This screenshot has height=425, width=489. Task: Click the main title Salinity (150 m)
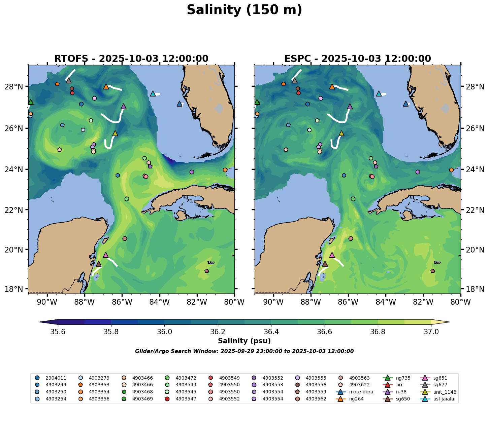244,10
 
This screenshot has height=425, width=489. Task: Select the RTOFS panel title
131,59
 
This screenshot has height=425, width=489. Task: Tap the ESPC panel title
357,59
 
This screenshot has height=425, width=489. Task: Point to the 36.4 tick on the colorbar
271,332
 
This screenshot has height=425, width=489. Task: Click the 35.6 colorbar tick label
58,332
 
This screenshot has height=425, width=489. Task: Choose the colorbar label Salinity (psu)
244,341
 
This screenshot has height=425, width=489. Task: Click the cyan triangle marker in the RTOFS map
153,93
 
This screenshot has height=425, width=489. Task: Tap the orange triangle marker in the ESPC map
332,86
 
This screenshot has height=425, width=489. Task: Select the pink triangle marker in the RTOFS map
106,255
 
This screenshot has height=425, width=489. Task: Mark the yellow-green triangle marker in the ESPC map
341,133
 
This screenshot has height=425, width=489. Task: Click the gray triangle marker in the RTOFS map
69,80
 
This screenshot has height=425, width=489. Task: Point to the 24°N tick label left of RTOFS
16,169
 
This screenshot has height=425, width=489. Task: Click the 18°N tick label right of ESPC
473,289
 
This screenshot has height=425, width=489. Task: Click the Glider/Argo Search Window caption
244,351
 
